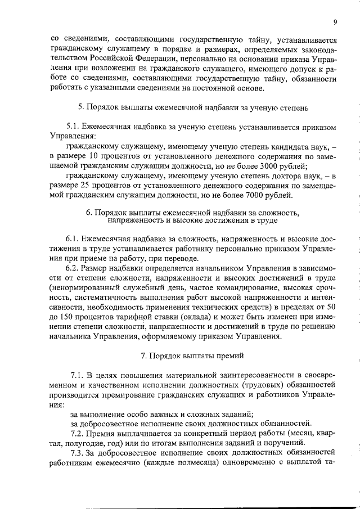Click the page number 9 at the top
(335, 22)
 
